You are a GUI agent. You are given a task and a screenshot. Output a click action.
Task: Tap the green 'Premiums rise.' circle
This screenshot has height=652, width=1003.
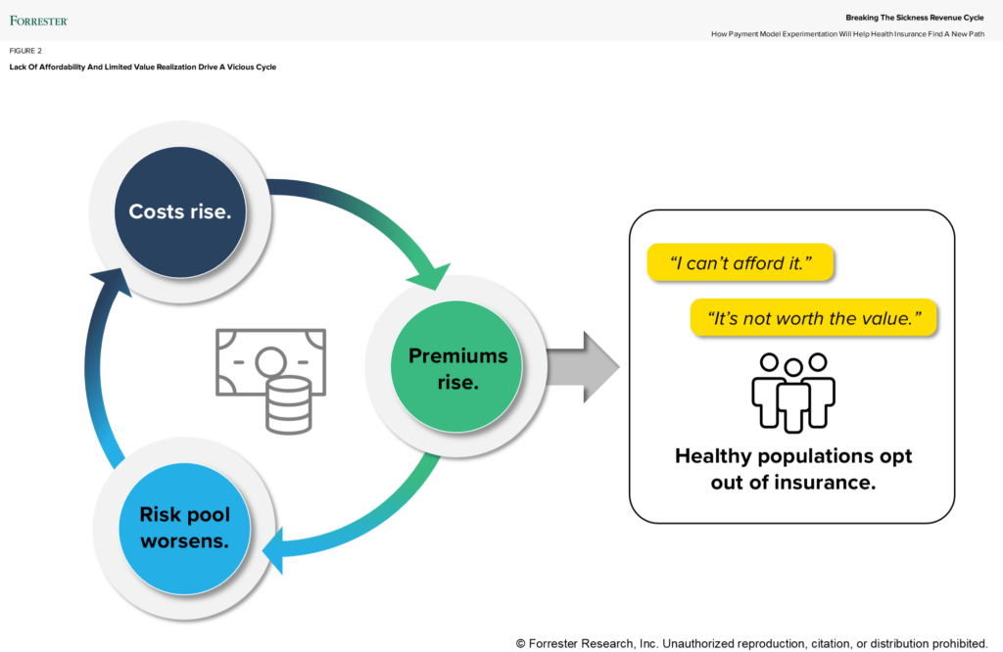pos(457,368)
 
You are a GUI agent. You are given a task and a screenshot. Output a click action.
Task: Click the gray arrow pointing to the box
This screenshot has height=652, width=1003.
pos(583,367)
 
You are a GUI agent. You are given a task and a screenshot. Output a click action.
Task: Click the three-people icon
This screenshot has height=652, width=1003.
pos(793,392)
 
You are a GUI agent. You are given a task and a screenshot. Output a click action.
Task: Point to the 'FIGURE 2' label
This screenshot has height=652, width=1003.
pos(25,50)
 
